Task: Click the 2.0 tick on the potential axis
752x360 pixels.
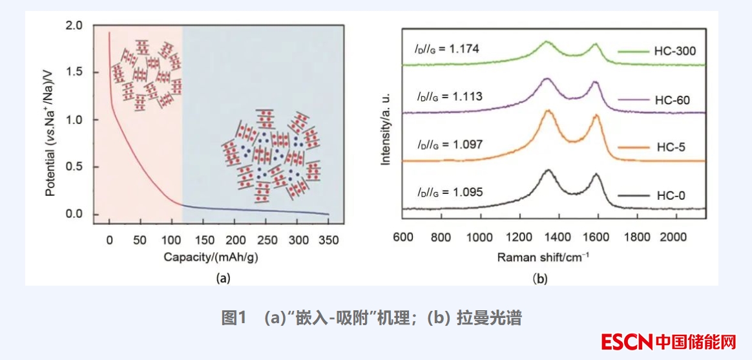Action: click(x=74, y=26)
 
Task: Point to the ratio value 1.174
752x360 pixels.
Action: click(x=467, y=48)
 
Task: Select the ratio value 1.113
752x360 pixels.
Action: click(x=467, y=96)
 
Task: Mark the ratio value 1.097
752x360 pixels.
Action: click(x=467, y=144)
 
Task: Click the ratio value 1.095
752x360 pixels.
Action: click(x=467, y=192)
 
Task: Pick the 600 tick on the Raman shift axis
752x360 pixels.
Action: click(x=403, y=237)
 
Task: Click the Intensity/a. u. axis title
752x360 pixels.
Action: click(x=386, y=128)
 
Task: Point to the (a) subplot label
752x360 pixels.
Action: click(x=222, y=279)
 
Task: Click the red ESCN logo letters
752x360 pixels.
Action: click(x=626, y=341)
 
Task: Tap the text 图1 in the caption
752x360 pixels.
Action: click(x=235, y=318)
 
